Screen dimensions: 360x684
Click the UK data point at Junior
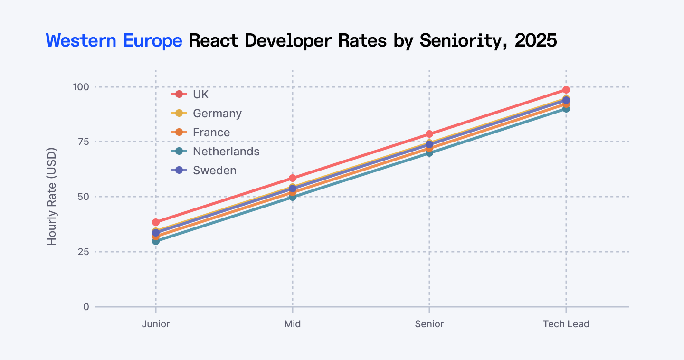coord(156,222)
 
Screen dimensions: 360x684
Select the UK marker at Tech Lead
coord(566,90)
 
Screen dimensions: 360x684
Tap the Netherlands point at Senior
coord(429,153)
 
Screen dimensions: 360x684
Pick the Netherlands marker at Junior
coord(156,241)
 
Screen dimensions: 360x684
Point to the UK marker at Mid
coord(293,178)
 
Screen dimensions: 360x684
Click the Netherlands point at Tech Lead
coord(566,109)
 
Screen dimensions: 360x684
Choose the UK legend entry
coord(200,95)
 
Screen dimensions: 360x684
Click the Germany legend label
coord(217,114)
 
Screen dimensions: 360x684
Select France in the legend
coord(211,133)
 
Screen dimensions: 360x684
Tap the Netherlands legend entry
coord(226,152)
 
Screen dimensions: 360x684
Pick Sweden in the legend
coord(214,171)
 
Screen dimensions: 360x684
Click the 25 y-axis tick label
coord(83,252)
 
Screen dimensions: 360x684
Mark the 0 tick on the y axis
coord(86,307)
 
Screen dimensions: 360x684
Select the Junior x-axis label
coord(156,324)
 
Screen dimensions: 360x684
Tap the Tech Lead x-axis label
coord(566,324)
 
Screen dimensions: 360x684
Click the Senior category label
coord(429,324)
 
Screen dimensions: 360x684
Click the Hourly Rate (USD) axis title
coord(52,197)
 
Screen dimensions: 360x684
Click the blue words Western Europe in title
coord(114,41)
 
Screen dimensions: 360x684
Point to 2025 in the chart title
coord(535,41)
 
